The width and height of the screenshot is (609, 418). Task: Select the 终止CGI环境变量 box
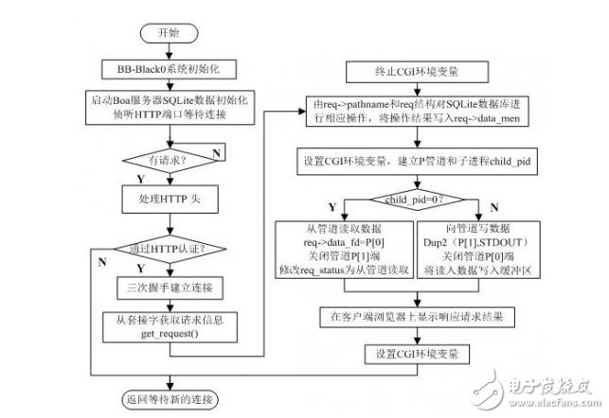(418, 72)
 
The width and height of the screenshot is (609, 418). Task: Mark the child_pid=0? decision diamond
(418, 200)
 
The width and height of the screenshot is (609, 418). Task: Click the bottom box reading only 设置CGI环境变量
(418, 354)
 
